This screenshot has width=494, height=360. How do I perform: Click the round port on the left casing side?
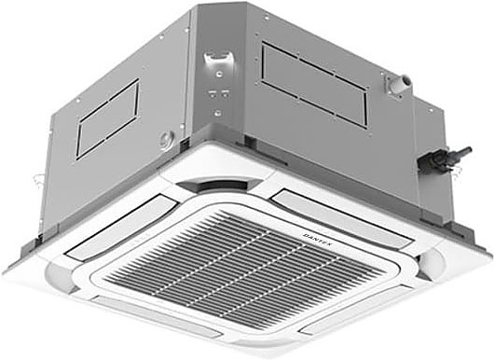165,141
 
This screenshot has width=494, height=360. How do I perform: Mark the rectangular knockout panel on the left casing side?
107,118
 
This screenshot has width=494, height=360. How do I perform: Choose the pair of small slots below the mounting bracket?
219,94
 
